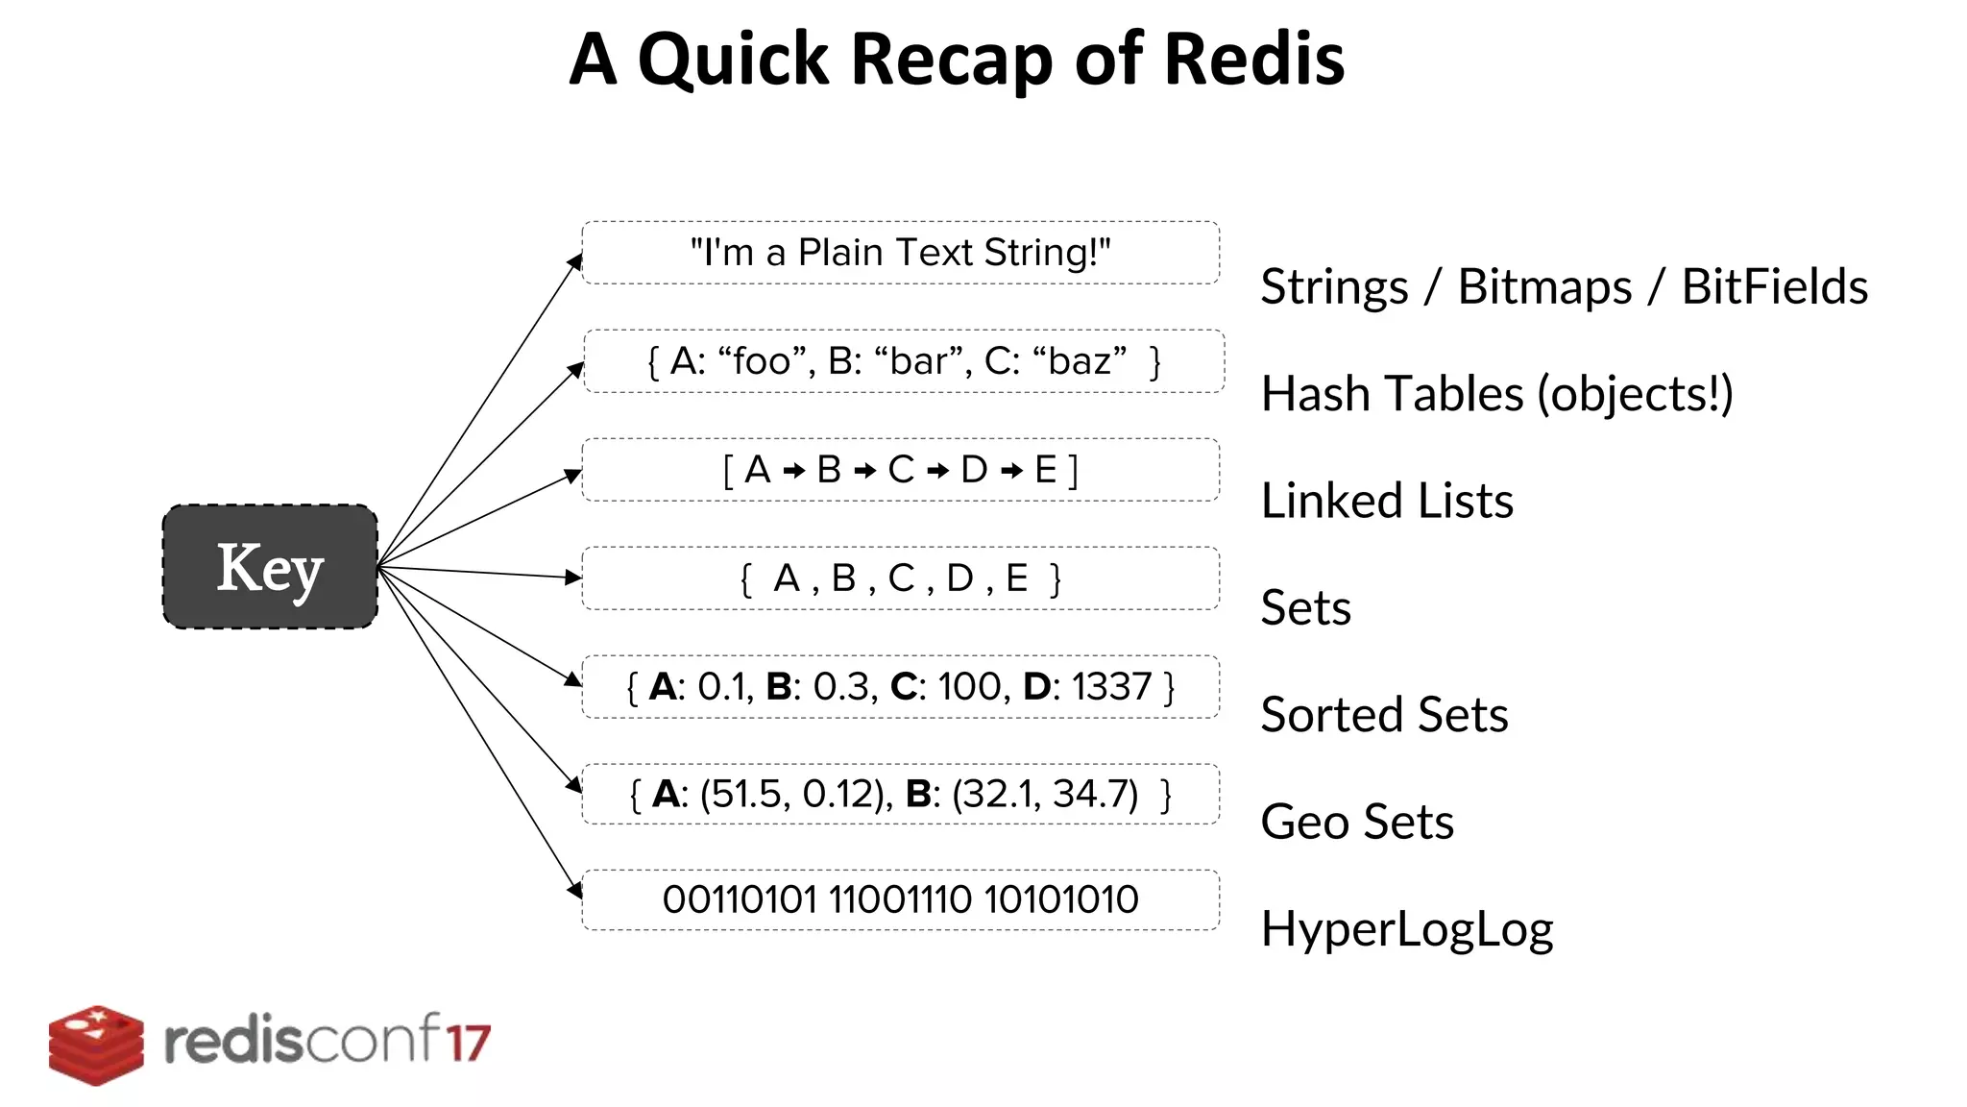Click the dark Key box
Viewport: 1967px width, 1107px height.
coord(270,567)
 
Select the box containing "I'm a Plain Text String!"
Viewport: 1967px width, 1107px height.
coord(900,253)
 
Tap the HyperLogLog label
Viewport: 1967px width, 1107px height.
coord(1406,929)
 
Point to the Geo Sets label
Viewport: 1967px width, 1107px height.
coord(1356,822)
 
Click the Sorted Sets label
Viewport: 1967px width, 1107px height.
coord(1383,715)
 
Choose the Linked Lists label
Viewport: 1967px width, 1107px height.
coord(1386,501)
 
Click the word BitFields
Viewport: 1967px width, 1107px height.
coord(1774,286)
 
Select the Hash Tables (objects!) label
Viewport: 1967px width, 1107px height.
coord(1496,394)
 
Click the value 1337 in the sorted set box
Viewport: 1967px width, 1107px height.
coord(1111,687)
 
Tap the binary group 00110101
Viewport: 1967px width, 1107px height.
coord(739,900)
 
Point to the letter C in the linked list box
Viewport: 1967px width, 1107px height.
coord(901,470)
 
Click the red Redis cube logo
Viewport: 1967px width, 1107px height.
coord(96,1045)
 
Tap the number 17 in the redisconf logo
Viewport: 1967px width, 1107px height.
coord(468,1043)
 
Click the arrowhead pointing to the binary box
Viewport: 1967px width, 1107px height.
coord(575,890)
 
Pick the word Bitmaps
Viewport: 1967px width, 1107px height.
coord(1543,286)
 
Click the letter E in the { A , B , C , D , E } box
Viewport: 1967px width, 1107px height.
coord(1016,578)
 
